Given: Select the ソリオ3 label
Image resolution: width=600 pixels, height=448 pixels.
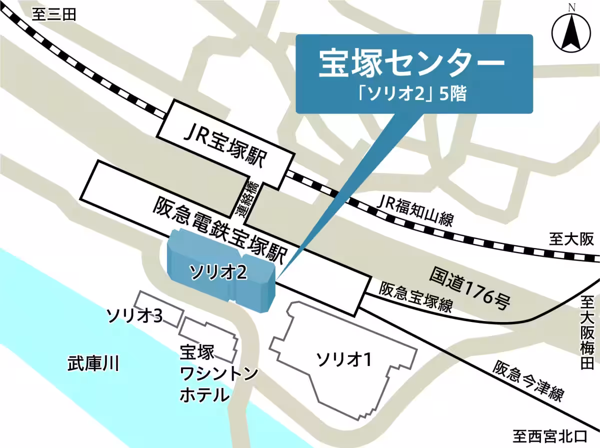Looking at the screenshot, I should pos(134,315).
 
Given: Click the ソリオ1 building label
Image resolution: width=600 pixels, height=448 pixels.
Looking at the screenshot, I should pos(344,358).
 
